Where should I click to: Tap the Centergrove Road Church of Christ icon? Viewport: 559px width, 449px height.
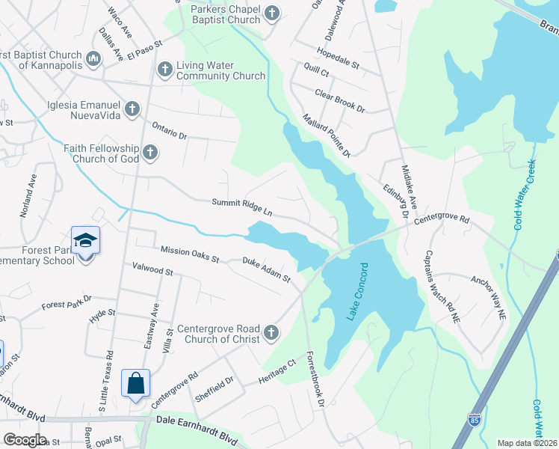click(x=271, y=332)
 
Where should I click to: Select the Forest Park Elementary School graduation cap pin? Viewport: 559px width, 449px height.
click(x=86, y=241)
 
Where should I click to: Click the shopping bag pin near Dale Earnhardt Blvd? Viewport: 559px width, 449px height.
click(x=135, y=384)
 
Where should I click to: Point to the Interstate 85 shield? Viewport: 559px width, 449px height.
click(x=475, y=440)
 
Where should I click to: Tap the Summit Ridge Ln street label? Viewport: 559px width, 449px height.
click(x=241, y=207)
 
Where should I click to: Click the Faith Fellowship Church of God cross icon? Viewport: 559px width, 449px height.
click(x=150, y=153)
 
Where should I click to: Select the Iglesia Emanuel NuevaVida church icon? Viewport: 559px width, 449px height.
click(x=132, y=110)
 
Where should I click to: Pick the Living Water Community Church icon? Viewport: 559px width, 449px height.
click(x=164, y=70)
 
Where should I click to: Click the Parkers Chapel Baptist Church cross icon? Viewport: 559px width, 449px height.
click(x=272, y=13)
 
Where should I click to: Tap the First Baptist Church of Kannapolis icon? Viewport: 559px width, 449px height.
click(x=93, y=58)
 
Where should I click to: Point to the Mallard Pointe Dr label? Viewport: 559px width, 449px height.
click(x=327, y=135)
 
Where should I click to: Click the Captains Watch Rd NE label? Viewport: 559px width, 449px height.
click(x=442, y=286)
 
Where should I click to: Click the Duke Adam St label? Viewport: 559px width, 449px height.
click(x=266, y=270)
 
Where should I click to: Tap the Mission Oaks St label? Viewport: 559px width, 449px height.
click(x=189, y=254)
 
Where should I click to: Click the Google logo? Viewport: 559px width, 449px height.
click(x=25, y=440)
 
